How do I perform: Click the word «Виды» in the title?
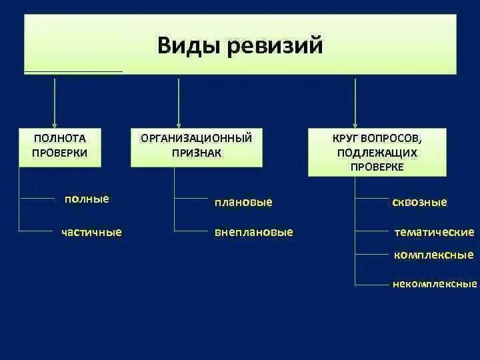[x=189, y=47]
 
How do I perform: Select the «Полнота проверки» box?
[x=59, y=146]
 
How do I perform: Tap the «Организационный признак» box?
[x=196, y=146]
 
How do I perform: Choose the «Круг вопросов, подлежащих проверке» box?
[x=377, y=152]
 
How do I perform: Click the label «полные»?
[x=87, y=199]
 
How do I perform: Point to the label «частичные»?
[x=91, y=232]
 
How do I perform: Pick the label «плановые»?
[x=243, y=201]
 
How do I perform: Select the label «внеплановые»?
[x=254, y=232]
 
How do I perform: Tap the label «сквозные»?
[x=420, y=202]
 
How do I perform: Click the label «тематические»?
[x=434, y=232]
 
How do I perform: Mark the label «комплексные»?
[x=433, y=255]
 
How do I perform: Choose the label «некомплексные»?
[x=435, y=284]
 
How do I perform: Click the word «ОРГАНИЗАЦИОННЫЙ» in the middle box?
[x=196, y=139]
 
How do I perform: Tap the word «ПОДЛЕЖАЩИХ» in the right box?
[x=377, y=153]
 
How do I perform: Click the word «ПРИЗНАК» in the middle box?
[x=196, y=153]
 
